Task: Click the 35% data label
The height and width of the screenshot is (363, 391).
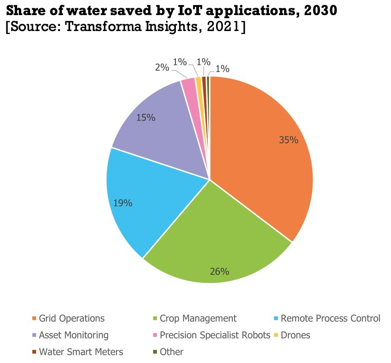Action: tap(288, 140)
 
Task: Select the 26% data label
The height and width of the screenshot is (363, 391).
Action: tap(219, 271)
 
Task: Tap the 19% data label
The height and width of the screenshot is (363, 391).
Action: tap(123, 203)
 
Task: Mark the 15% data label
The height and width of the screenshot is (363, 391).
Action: tap(146, 117)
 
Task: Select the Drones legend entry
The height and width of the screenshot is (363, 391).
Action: tap(295, 335)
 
